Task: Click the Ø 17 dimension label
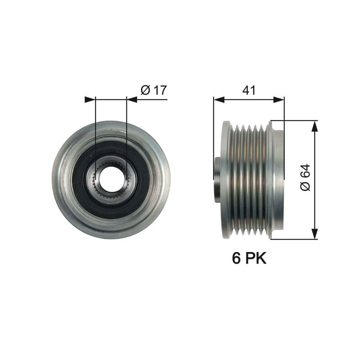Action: tap(153, 90)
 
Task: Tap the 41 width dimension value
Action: tap(249, 90)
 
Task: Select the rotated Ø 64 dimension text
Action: tap(305, 177)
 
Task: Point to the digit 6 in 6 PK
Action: tap(236, 258)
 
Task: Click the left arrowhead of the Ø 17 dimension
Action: tap(90, 99)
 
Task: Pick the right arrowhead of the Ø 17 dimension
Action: tap(132, 99)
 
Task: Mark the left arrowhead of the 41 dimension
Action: tap(219, 99)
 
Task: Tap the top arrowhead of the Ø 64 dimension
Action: tap(315, 126)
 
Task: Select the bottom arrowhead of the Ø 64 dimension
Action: tap(315, 234)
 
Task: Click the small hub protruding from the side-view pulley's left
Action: tap(217, 180)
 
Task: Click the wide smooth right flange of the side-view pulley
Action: tap(278, 180)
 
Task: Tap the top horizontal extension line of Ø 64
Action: tap(297, 121)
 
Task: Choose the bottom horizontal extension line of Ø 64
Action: tap(297, 239)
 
